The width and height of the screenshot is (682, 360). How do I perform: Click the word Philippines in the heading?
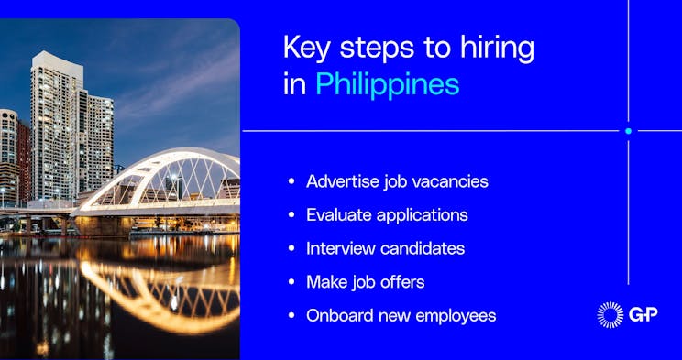[387, 84]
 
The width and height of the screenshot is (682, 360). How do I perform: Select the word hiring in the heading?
[496, 47]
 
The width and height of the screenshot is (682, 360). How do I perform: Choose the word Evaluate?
[339, 215]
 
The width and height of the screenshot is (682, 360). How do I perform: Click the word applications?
[423, 215]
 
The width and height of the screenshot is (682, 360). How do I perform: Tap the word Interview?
[340, 248]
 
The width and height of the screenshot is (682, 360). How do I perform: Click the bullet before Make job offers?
[291, 282]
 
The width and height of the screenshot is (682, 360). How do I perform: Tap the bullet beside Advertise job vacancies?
[291, 181]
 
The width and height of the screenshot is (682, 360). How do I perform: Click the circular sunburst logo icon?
[610, 315]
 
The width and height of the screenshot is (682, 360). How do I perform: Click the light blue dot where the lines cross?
[628, 131]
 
